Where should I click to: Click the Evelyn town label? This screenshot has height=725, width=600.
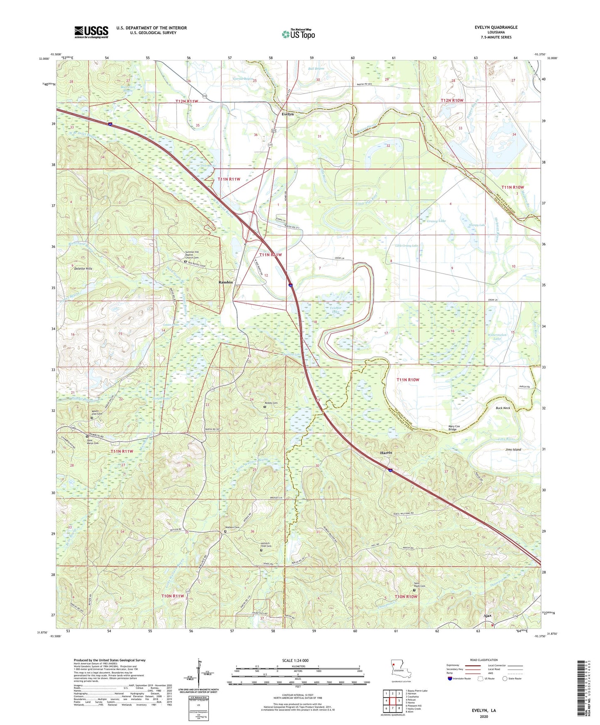[x=287, y=114]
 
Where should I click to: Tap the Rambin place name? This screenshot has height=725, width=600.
[x=225, y=282]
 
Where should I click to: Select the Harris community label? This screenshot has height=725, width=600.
[x=386, y=453]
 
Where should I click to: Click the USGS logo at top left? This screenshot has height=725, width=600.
[x=91, y=32]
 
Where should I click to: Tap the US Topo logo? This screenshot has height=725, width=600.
[x=298, y=34]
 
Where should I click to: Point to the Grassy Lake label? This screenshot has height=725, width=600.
[x=436, y=221]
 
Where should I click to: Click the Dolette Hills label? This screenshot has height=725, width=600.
[x=83, y=269]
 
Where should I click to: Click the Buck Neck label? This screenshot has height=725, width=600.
[x=502, y=408]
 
